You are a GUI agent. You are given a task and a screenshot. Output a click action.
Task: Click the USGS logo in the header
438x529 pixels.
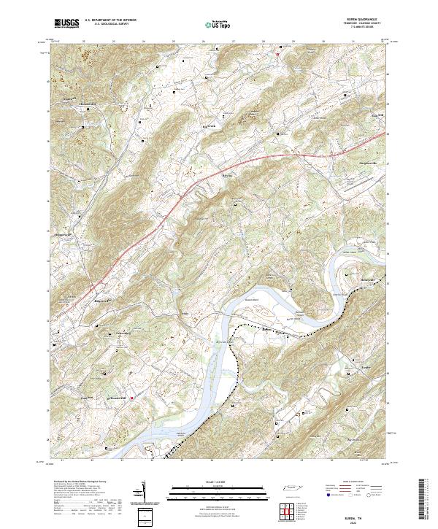click(x=68, y=24)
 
